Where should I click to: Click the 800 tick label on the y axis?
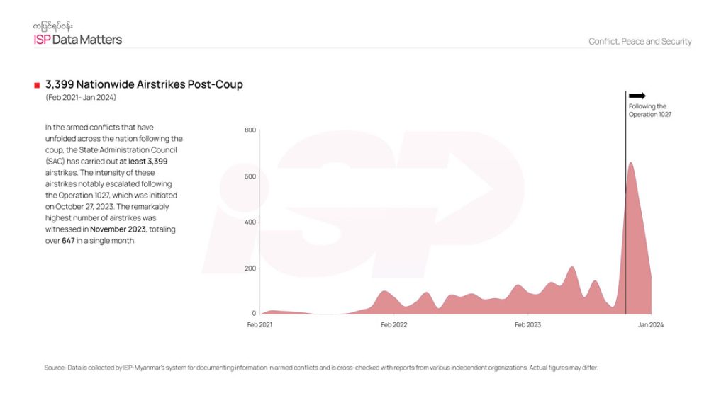(x=250, y=130)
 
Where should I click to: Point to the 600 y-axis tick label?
(x=250, y=176)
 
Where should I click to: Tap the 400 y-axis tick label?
(x=250, y=222)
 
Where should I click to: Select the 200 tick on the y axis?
(x=250, y=268)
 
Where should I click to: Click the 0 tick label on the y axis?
(x=253, y=313)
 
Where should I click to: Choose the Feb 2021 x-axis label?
(x=259, y=325)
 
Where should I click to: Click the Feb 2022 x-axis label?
(x=394, y=325)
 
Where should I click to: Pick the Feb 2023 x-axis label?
(x=527, y=325)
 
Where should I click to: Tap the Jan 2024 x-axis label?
(x=651, y=325)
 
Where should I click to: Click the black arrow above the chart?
(x=637, y=96)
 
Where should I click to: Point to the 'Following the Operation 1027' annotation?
(x=649, y=110)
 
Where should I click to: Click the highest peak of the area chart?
(x=630, y=164)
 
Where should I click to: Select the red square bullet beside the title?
(x=37, y=86)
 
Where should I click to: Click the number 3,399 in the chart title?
(x=62, y=85)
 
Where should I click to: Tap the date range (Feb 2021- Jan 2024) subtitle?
(x=80, y=97)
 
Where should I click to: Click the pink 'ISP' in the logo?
(x=42, y=40)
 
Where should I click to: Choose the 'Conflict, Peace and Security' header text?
(x=640, y=41)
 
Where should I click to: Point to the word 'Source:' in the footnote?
(x=55, y=368)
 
